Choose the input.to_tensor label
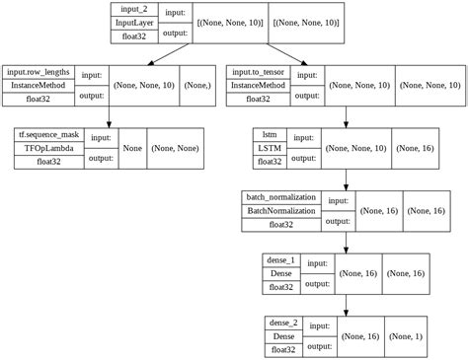pos(261,72)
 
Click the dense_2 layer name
pos(283,323)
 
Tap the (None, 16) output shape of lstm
pos(412,148)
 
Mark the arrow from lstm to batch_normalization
pos(346,178)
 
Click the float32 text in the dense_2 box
pos(283,349)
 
